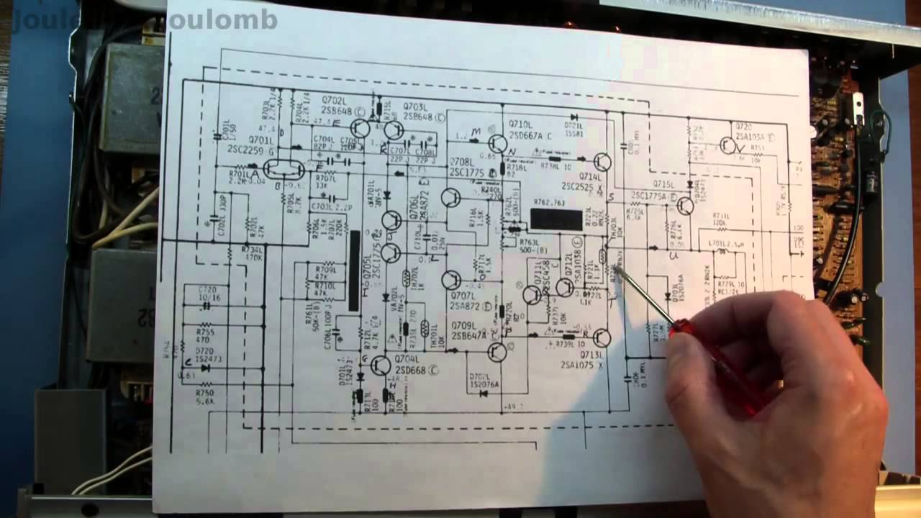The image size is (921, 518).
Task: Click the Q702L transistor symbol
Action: point(361,129)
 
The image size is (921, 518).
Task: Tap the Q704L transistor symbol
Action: point(381,365)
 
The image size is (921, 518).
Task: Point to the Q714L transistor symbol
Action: point(603,163)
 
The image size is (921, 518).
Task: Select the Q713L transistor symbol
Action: point(602,337)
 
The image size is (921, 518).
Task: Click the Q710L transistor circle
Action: point(496,143)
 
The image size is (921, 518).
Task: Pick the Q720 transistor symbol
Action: point(728,145)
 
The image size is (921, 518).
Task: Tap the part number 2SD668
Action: point(411,370)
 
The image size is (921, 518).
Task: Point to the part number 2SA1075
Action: point(581,364)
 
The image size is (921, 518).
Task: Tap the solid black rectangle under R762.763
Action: point(556,219)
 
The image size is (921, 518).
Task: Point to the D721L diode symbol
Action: point(573,117)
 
